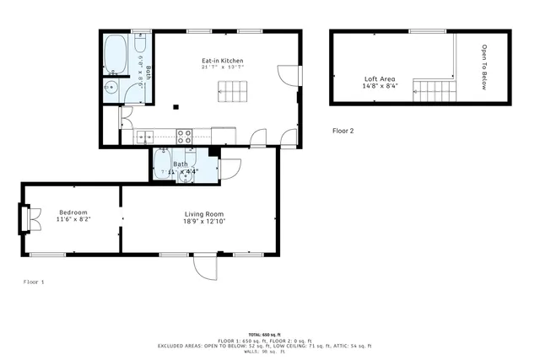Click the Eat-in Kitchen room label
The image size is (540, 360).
(x=222, y=61)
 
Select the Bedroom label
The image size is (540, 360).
(x=73, y=212)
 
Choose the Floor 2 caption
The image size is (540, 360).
(x=343, y=131)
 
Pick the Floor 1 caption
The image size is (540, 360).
(x=34, y=282)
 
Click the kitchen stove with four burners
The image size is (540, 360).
(x=184, y=136)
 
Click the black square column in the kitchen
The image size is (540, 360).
(x=175, y=107)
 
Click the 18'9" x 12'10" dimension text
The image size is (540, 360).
(x=205, y=222)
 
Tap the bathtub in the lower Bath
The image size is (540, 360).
(x=164, y=164)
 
